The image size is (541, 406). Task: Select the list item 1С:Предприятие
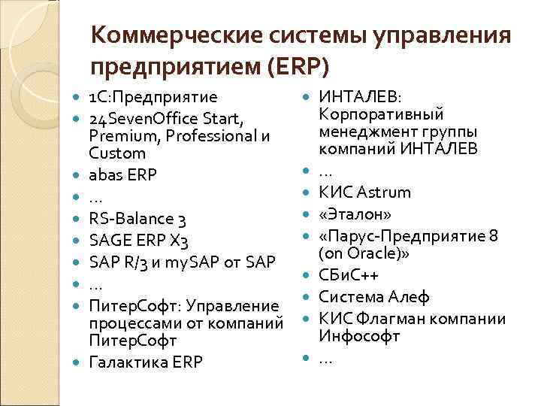[153, 98]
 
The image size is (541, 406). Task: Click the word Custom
[116, 153]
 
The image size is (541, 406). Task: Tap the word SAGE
[110, 241]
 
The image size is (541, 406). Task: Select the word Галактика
[131, 362]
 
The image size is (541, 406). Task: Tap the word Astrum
[382, 192]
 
